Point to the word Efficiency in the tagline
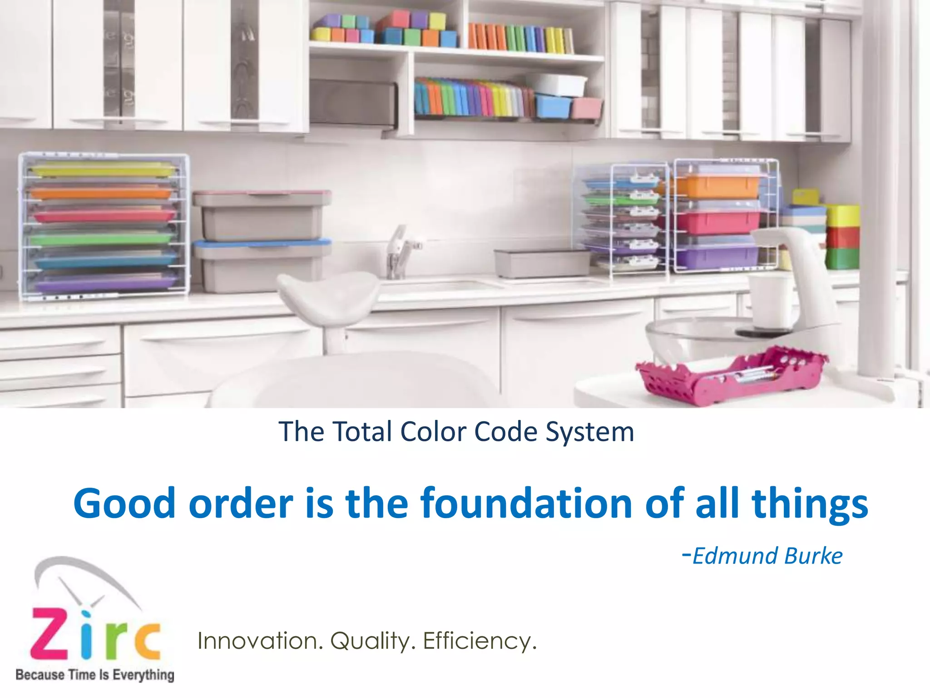coord(480,641)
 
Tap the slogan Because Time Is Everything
coord(94,675)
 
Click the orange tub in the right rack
coord(717,186)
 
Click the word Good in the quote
coord(124,503)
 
